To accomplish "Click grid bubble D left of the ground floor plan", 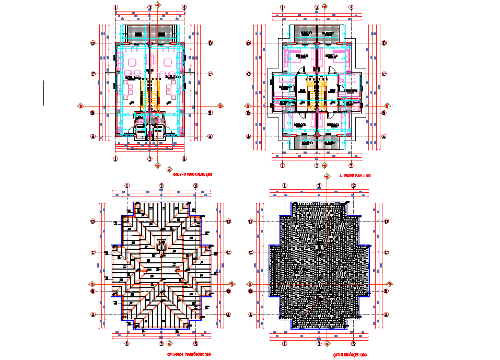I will [92, 43].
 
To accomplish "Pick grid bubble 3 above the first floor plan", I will [351, 7].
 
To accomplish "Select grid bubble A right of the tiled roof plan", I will [387, 315].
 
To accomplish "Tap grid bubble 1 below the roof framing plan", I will [127, 344].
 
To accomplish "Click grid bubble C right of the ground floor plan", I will [209, 74].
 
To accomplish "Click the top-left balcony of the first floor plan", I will [306, 33].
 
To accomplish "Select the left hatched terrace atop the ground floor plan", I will [137, 33].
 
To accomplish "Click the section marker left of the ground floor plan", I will [80, 106].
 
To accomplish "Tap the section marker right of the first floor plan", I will [387, 107].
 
